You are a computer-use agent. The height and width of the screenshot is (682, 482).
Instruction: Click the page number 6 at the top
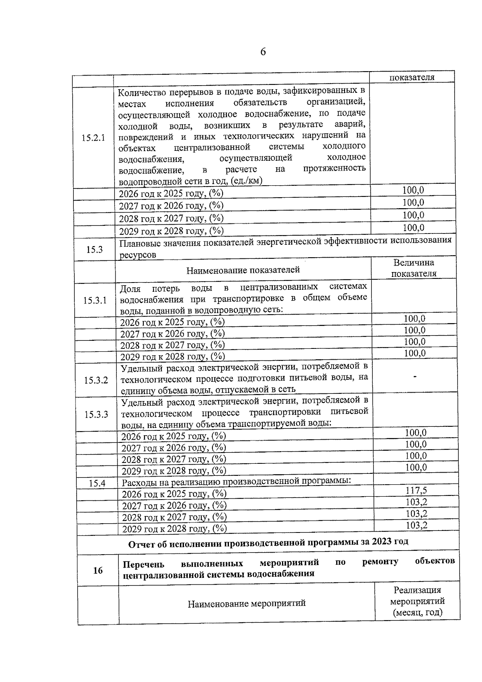tap(263, 52)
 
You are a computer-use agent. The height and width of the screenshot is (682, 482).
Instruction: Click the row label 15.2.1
tap(93, 138)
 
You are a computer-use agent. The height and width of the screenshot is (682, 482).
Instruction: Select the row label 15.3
tap(94, 250)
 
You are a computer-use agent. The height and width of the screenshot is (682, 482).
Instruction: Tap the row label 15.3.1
tap(95, 300)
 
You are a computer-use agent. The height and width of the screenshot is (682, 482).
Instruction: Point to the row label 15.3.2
tap(96, 380)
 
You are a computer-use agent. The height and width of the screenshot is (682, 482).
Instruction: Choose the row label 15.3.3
tap(96, 414)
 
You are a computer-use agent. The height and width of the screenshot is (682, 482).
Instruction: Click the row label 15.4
tap(97, 483)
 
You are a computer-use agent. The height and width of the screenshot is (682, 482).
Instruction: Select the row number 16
tap(98, 570)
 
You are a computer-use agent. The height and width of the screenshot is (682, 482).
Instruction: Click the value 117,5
tap(416, 490)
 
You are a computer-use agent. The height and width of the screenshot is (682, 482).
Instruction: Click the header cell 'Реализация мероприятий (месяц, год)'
tap(417, 601)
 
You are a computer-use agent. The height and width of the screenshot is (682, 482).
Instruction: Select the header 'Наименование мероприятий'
tap(247, 603)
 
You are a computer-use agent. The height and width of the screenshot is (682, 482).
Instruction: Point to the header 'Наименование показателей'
tap(243, 270)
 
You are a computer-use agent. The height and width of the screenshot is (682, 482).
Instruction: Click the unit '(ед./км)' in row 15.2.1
tap(247, 181)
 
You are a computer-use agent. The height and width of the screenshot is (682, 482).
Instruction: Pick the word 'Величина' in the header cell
tap(414, 263)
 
